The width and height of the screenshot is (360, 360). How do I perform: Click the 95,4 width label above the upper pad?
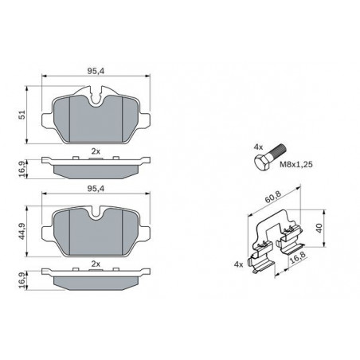pyautogui.click(x=96, y=71)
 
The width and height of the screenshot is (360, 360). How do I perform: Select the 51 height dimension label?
pyautogui.click(x=23, y=115)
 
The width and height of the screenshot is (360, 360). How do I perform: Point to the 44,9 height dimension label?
pyautogui.click(x=23, y=231)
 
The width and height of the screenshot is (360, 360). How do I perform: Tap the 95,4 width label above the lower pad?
pyautogui.click(x=96, y=188)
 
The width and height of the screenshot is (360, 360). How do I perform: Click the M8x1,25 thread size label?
pyautogui.click(x=296, y=165)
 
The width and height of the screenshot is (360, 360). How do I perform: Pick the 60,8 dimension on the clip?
pyautogui.click(x=272, y=197)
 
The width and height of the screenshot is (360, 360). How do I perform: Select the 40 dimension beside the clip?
pyautogui.click(x=319, y=228)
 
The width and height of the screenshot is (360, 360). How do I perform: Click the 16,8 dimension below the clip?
pyautogui.click(x=297, y=257)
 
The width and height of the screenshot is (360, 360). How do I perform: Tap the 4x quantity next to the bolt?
pyautogui.click(x=258, y=147)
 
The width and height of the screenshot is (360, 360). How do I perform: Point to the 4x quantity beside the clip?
pyautogui.click(x=238, y=264)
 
